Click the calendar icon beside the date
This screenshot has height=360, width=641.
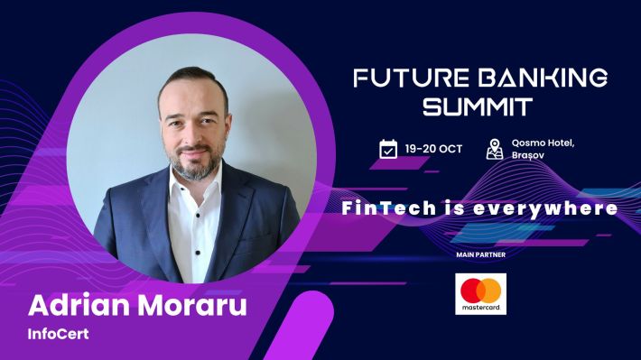click(388, 149)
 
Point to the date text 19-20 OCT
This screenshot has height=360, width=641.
click(433, 149)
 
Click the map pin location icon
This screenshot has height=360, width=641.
click(494, 149)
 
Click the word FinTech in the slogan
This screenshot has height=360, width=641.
click(383, 208)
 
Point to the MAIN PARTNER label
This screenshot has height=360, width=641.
click(480, 255)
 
